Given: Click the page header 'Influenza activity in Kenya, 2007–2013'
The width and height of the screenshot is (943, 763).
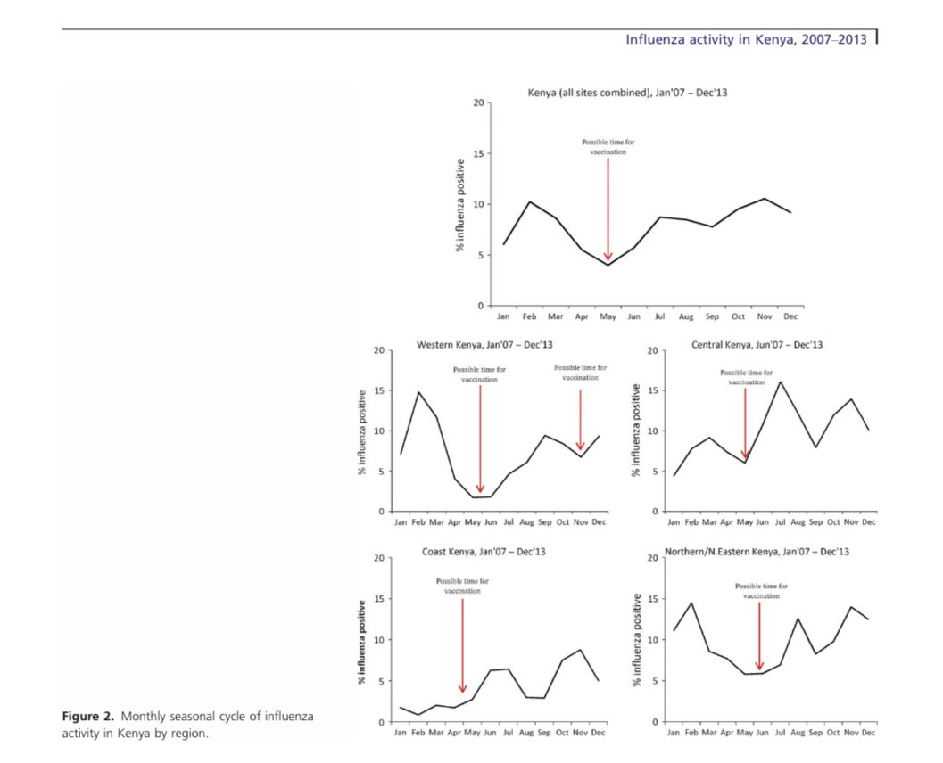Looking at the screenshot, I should (745, 39).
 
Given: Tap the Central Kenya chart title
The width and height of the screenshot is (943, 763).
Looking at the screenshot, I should (757, 344).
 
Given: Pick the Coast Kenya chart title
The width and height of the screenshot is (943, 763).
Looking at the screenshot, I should (484, 552).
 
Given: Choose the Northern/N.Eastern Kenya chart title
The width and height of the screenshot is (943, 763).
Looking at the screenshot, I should (757, 552).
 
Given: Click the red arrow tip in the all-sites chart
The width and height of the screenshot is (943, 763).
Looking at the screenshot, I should (608, 259).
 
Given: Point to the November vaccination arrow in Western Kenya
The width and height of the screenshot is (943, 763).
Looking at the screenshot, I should (580, 419).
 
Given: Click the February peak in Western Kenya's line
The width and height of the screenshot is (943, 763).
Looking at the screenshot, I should (418, 392).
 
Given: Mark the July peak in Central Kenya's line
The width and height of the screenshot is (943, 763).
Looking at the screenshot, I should (780, 381).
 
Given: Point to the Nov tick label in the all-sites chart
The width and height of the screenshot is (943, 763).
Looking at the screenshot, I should (764, 316).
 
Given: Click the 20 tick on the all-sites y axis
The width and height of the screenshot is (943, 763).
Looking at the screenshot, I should (480, 103).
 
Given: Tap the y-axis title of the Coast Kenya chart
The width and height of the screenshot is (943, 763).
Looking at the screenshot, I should (362, 641).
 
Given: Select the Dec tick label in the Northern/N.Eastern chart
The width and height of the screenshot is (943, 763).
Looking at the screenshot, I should (868, 733).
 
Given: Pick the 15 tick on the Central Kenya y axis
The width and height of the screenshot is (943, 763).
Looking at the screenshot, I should (653, 390).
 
